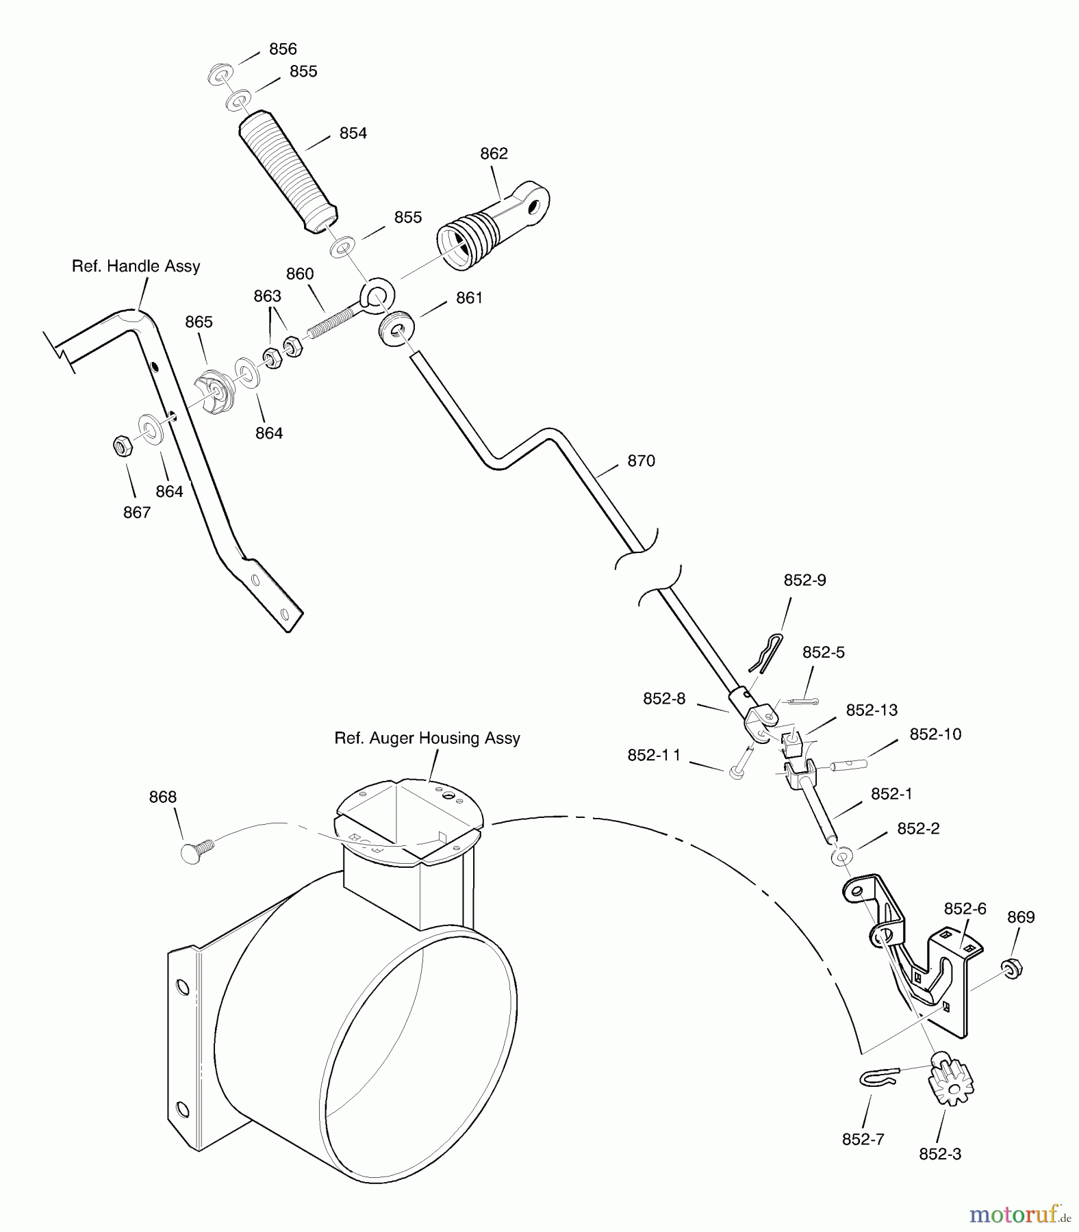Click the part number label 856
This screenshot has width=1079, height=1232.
coord(283,49)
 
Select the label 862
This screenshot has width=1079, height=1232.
coord(494,153)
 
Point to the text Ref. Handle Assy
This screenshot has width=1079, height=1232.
coord(136,266)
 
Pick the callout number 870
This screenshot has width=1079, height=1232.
coord(641,461)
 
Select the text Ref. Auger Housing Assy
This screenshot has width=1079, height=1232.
coord(427,738)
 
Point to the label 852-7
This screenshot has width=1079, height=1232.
coord(863,1139)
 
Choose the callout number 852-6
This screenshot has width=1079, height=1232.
coord(965,908)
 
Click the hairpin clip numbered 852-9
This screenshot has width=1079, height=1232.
coord(764,651)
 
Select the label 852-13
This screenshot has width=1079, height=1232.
coord(872,710)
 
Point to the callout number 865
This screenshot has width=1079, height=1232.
coord(199,322)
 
